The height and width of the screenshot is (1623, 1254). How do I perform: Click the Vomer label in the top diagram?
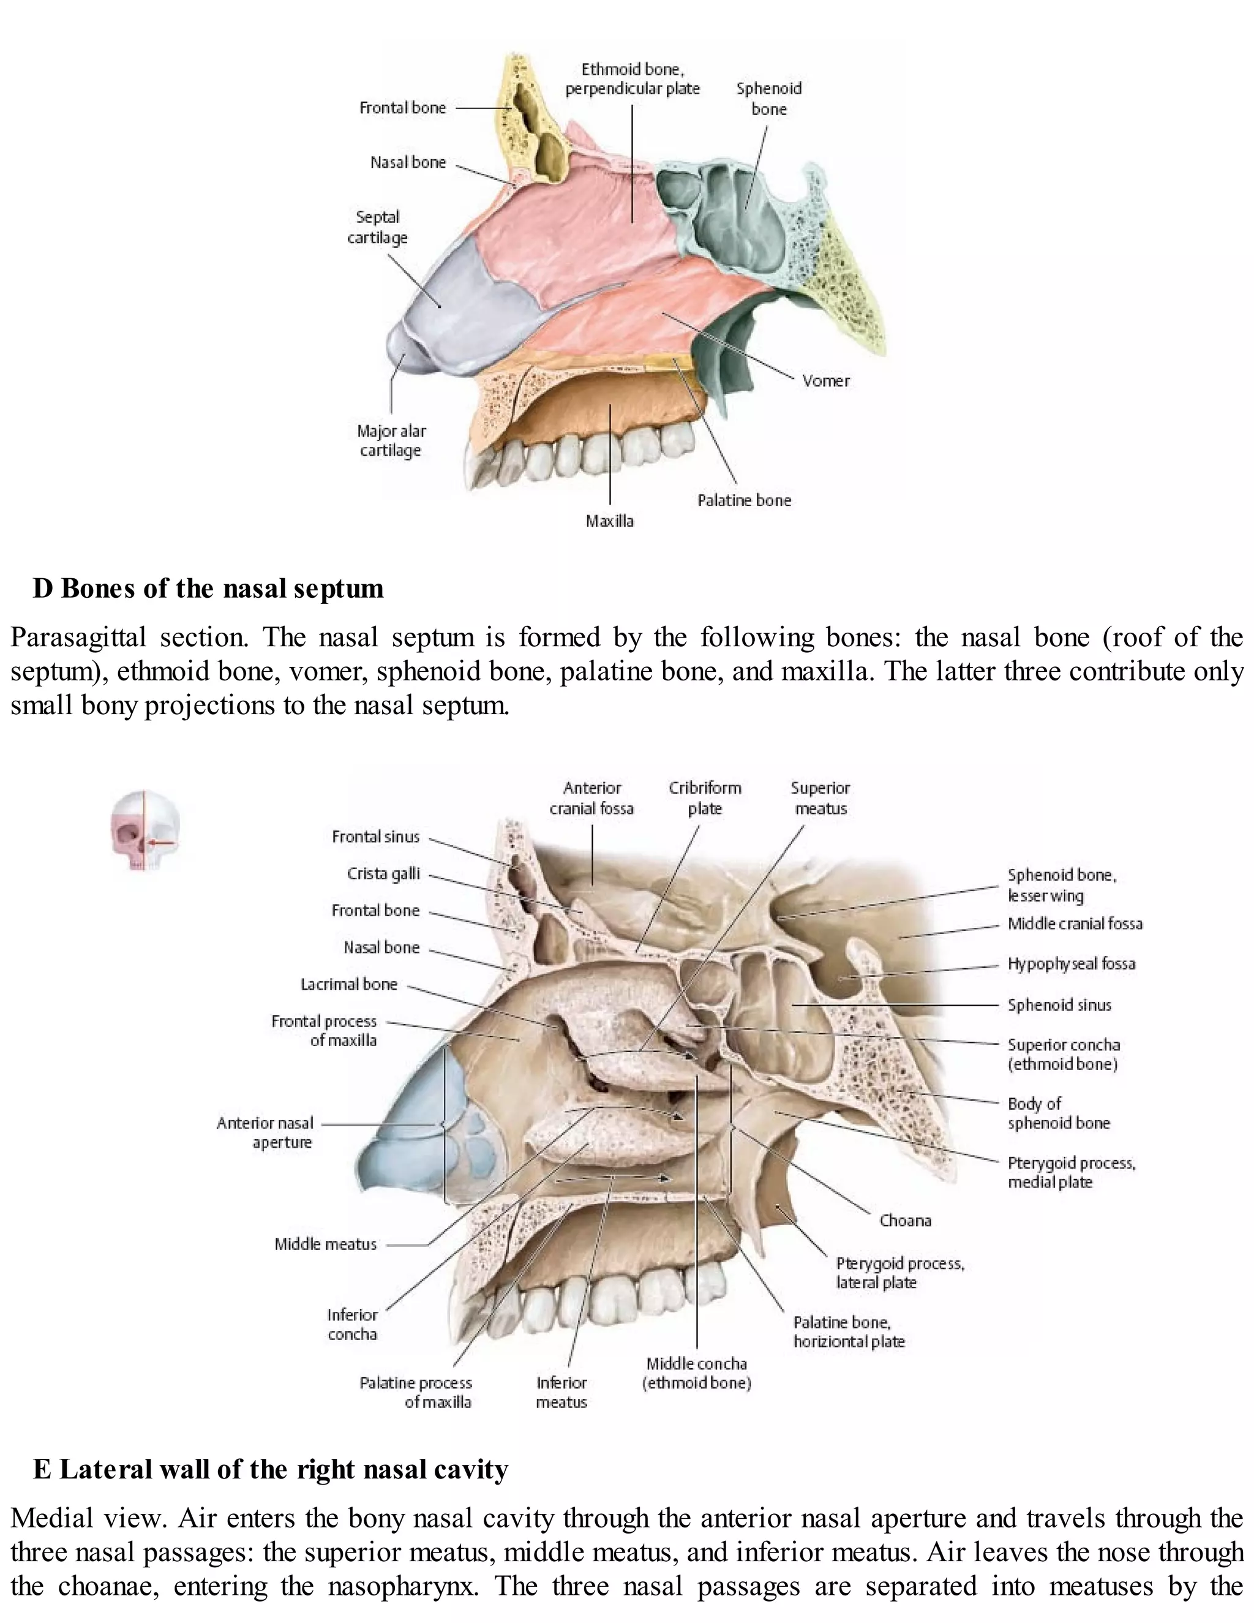pyautogui.click(x=825, y=380)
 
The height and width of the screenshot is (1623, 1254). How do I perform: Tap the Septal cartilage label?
pyautogui.click(x=377, y=227)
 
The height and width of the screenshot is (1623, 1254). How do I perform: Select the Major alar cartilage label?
pyautogui.click(x=391, y=441)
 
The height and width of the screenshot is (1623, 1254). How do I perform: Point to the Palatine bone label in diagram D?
pyautogui.click(x=743, y=500)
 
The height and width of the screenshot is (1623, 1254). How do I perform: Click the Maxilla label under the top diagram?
pyautogui.click(x=609, y=521)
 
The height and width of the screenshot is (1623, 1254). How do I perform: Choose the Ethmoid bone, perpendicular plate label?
pyautogui.click(x=632, y=79)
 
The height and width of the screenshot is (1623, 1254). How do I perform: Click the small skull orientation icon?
pyautogui.click(x=146, y=830)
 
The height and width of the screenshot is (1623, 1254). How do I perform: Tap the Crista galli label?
pyautogui.click(x=383, y=873)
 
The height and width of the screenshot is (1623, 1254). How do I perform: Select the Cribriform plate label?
pyautogui.click(x=704, y=797)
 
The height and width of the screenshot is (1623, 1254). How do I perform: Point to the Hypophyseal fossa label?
pyautogui.click(x=1070, y=964)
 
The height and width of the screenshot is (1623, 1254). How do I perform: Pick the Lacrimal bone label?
pyautogui.click(x=348, y=984)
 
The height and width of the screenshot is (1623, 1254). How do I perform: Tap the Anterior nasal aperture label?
pyautogui.click(x=265, y=1132)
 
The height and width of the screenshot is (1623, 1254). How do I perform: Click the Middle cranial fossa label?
pyautogui.click(x=1074, y=924)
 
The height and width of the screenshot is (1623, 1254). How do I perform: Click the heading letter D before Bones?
pyautogui.click(x=42, y=589)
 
